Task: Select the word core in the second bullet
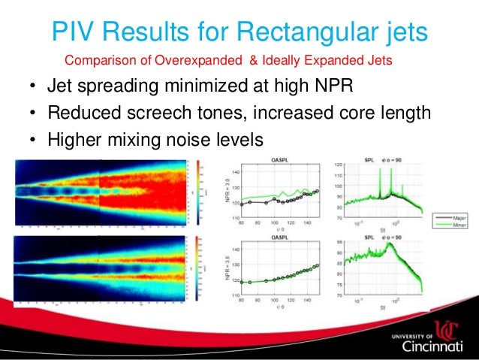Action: pos(354,114)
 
